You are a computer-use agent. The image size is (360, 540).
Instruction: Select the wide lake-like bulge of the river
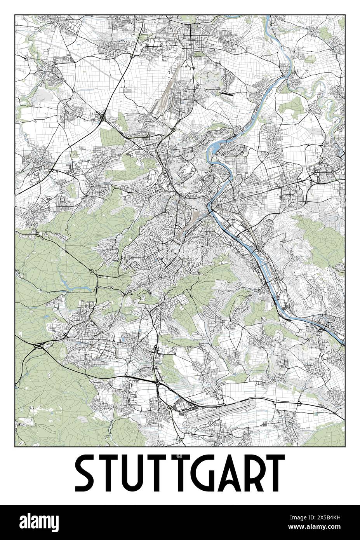click(215, 148)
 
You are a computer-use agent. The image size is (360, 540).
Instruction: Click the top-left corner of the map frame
click(15, 15)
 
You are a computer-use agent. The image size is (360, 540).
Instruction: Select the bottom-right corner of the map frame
click(345, 447)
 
